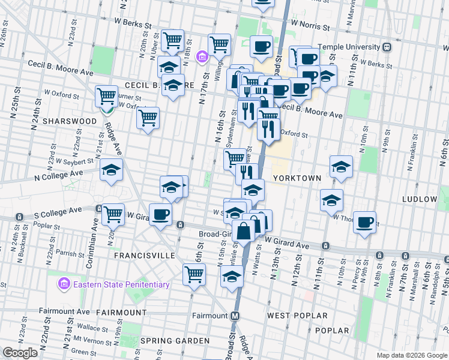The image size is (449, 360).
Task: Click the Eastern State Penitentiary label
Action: pos(121,284)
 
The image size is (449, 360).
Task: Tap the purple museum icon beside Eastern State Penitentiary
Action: pos(63,283)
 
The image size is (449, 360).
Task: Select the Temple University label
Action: pos(350,46)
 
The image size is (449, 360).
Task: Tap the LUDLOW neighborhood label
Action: pos(420,199)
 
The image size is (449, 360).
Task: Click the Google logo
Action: pos(20,353)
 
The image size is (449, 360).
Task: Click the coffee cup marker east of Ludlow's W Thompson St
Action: pos(364,223)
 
